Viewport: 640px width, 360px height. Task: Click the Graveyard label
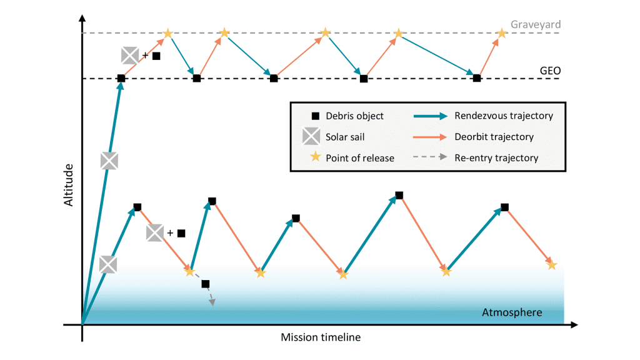(x=536, y=24)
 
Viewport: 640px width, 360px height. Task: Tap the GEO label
(x=550, y=71)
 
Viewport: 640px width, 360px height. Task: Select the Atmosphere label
(x=512, y=312)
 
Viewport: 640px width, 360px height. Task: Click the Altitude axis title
(x=68, y=185)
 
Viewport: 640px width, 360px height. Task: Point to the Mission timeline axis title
(x=321, y=337)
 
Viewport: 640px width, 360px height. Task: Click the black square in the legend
(x=316, y=116)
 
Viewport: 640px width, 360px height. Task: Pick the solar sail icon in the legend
(x=311, y=136)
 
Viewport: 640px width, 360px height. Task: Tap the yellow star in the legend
(x=315, y=157)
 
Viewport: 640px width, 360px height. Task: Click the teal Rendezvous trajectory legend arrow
(x=430, y=116)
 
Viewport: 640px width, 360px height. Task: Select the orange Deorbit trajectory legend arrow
(x=430, y=137)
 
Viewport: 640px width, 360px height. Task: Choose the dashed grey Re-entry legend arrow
(x=430, y=157)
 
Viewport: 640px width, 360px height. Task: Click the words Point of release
(x=360, y=158)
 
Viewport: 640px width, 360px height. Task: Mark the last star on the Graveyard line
(x=502, y=34)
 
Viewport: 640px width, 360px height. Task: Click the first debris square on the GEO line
(x=121, y=78)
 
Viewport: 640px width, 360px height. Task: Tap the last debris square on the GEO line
(x=477, y=78)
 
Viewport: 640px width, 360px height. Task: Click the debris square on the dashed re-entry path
(x=206, y=284)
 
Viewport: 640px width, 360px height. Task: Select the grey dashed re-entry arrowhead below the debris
(x=212, y=302)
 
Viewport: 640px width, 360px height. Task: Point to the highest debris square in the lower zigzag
(x=399, y=196)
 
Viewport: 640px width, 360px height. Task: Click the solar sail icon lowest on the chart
(x=108, y=264)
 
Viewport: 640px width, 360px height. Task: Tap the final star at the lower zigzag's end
(x=552, y=265)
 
